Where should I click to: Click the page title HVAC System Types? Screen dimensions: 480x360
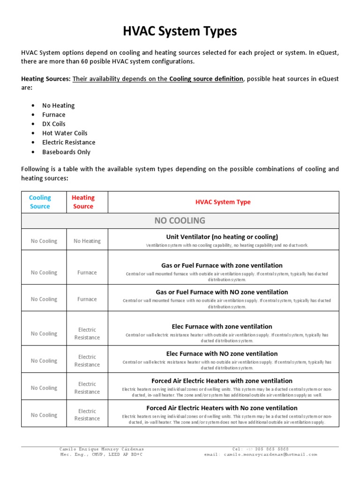pos(180,31)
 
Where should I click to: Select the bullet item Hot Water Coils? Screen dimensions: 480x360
pos(65,133)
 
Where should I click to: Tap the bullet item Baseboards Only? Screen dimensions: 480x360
pos(66,152)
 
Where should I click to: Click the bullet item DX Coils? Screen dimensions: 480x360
pos(54,124)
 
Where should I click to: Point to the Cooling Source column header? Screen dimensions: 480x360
pos(40,202)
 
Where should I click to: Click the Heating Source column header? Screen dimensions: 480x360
pos(83,202)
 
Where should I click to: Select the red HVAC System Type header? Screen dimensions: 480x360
pos(223,202)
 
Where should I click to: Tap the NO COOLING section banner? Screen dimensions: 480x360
pos(180,220)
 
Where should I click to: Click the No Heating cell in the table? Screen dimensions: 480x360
pos(87,241)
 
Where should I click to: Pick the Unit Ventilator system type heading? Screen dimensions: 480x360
pos(222,237)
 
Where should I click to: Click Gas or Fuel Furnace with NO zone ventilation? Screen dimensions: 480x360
pos(222,292)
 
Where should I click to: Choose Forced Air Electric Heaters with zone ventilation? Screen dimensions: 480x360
pos(222,381)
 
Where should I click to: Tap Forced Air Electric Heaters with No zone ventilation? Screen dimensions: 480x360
pos(222,408)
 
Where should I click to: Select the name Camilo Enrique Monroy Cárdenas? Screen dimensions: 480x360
pos(101,449)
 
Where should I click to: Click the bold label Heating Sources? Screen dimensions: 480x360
pos(46,79)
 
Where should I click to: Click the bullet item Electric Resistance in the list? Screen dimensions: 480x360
pos(68,142)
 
